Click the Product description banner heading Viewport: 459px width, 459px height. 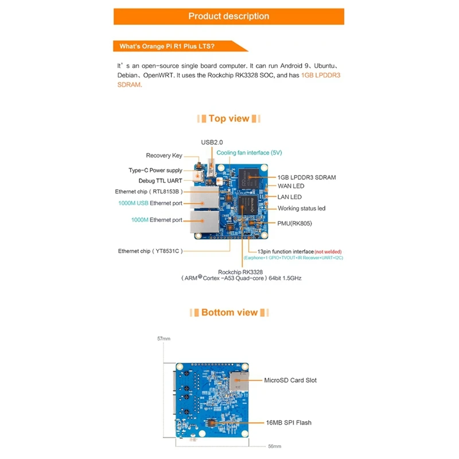tap(228, 16)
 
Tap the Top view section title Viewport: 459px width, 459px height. tap(229, 119)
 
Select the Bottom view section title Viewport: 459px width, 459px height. tap(229, 313)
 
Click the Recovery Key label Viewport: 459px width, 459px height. tap(164, 155)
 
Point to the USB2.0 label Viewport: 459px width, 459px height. tap(212, 142)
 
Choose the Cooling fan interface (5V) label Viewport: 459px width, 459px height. tap(249, 153)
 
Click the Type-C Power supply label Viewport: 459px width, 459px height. tap(155, 170)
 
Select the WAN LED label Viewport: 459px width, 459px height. tap(291, 186)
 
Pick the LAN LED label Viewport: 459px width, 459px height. tap(290, 197)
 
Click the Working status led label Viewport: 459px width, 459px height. tap(302, 208)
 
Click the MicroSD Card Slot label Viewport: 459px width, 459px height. tap(290, 380)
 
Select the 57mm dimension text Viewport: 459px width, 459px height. tap(164, 339)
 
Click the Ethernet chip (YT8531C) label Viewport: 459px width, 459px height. tap(150, 251)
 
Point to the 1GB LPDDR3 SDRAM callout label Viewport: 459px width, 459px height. tap(306, 177)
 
